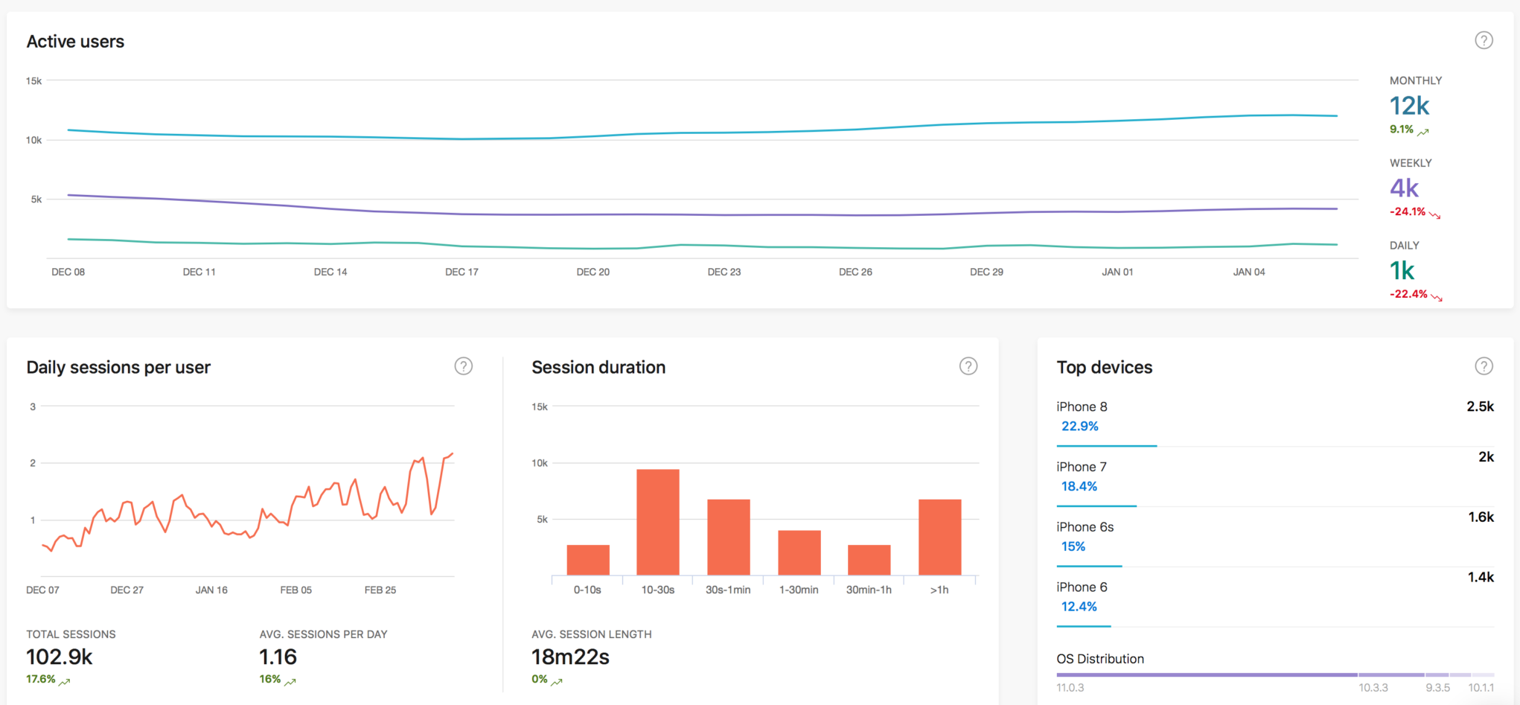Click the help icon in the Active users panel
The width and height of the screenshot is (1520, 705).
(x=1484, y=40)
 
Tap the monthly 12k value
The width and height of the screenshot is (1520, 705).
(x=1409, y=106)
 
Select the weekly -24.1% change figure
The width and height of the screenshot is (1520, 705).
(x=1408, y=211)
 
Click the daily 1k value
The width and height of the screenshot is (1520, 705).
(x=1402, y=271)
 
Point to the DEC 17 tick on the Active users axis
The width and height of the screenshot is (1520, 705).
(x=462, y=272)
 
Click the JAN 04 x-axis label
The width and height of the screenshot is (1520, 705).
(x=1248, y=272)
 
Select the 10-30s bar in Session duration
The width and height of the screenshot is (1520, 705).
(x=657, y=522)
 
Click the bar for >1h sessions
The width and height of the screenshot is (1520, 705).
(x=939, y=537)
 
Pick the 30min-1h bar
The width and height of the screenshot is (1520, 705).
(x=869, y=560)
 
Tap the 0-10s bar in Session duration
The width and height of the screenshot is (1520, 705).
(x=587, y=560)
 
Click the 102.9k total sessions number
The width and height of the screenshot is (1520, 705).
(x=60, y=657)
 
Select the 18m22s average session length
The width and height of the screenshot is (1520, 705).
(x=570, y=657)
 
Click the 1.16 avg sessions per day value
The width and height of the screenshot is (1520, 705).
(x=278, y=657)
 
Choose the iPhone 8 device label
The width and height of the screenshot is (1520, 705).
(x=1082, y=406)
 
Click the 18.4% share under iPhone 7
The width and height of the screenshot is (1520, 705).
(x=1079, y=486)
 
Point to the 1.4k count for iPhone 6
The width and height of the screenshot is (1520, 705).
(x=1480, y=577)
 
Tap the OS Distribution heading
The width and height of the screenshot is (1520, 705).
(x=1099, y=659)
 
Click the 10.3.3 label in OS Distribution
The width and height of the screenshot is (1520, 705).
(x=1373, y=687)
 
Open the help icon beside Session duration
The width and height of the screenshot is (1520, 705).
(x=968, y=366)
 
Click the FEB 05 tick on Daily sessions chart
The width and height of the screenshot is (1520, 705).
(x=296, y=590)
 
